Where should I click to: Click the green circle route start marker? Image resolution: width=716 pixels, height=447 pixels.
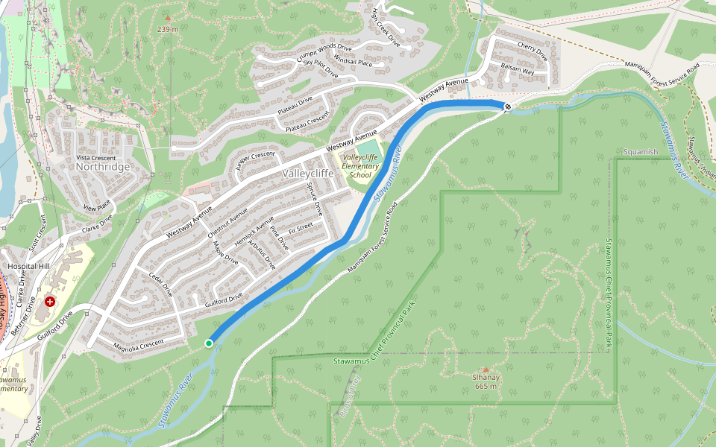click(x=209, y=343)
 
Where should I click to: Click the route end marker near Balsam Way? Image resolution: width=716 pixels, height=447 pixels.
click(x=507, y=107)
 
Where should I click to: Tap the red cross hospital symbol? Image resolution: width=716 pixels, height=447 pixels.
click(x=50, y=302)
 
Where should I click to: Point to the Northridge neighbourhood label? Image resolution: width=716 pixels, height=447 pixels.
click(x=103, y=167)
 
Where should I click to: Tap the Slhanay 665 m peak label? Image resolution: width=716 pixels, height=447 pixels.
click(x=485, y=381)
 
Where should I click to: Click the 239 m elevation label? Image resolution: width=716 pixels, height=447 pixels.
click(x=168, y=29)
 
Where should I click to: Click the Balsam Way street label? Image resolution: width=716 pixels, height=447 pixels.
click(x=518, y=70)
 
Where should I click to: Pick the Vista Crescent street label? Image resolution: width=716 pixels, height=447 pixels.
click(x=96, y=157)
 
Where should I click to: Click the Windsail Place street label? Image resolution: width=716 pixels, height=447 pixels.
click(x=353, y=63)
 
